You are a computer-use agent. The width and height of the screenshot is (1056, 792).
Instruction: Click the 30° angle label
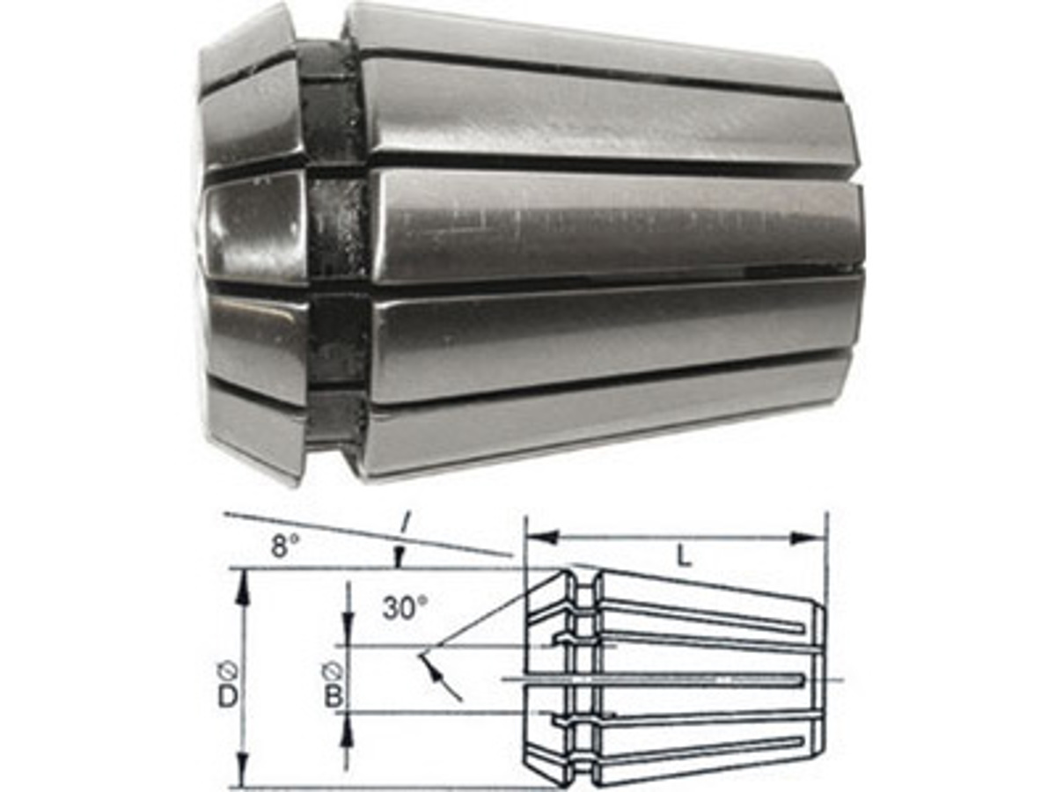(x=405, y=608)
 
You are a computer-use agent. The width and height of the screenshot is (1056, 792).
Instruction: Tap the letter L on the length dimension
(x=683, y=558)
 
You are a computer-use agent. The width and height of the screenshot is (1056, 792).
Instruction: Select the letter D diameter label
(x=228, y=698)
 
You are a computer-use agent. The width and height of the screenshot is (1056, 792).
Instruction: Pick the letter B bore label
(x=334, y=696)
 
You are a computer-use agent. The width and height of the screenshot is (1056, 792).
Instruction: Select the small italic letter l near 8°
(x=405, y=524)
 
